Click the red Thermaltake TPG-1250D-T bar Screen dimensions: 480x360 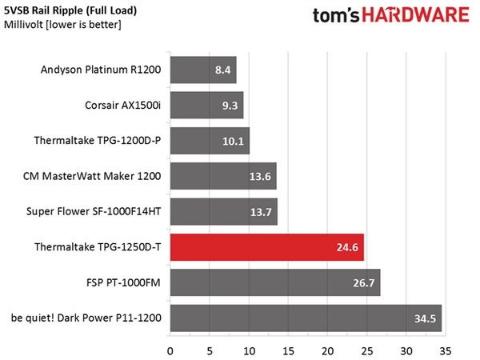coord(267,247)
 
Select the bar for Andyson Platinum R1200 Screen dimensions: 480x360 coord(203,70)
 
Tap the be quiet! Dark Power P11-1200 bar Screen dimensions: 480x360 coord(306,318)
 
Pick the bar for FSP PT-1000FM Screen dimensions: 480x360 coord(275,282)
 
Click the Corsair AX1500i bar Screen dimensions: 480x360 coord(207,106)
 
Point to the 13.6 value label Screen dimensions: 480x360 coord(260,177)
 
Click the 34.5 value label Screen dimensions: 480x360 coord(425,318)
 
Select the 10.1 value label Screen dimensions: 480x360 coord(233,141)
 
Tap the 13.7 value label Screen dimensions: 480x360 coord(261,212)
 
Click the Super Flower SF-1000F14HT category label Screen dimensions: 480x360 coord(94,211)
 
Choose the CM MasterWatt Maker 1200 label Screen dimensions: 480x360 coord(92,176)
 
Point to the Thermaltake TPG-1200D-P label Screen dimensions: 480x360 coord(98,141)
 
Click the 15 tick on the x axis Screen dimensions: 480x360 coord(288,351)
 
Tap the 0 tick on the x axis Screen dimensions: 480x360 coord(170,351)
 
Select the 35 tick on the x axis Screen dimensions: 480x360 coord(446,351)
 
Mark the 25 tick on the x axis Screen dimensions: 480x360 coord(367,351)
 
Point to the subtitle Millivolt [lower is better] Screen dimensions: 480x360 coord(62,25)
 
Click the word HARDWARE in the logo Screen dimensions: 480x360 coord(415,15)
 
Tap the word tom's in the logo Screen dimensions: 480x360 coord(335,16)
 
